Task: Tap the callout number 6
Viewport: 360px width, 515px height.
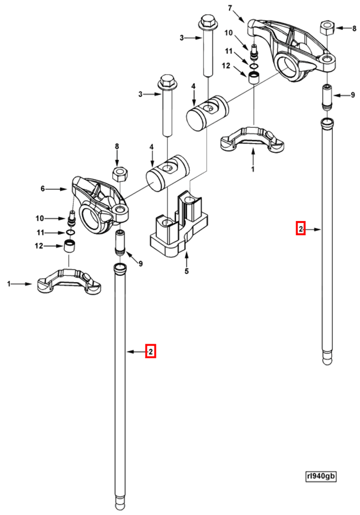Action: click(x=43, y=188)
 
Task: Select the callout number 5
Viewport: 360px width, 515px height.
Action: click(x=187, y=271)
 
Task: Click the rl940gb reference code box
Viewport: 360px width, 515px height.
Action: click(x=321, y=476)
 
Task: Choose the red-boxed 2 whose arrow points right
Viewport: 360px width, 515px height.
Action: click(x=300, y=229)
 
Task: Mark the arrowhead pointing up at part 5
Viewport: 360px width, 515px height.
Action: click(x=187, y=256)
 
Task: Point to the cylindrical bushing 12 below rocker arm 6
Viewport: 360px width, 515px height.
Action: click(x=71, y=246)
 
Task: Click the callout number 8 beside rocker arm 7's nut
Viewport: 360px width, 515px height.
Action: click(x=354, y=28)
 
